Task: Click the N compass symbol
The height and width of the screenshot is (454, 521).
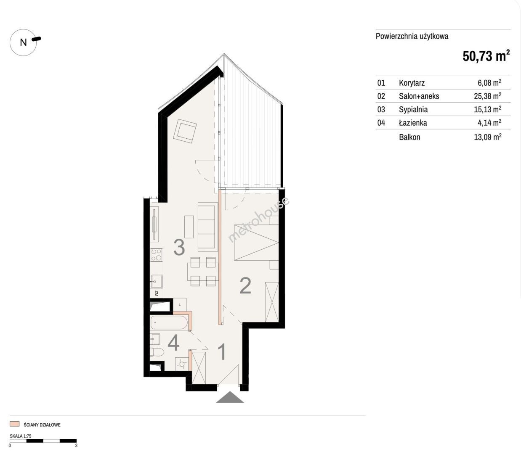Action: pyautogui.click(x=24, y=42)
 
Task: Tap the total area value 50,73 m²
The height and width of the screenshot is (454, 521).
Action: pyautogui.click(x=486, y=56)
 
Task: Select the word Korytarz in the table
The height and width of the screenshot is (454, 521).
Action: pyautogui.click(x=412, y=83)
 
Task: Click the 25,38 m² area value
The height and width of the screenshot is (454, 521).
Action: pyautogui.click(x=488, y=96)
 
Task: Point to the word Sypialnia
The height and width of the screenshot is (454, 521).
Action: pyautogui.click(x=413, y=110)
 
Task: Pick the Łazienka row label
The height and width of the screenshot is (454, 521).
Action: pyautogui.click(x=413, y=123)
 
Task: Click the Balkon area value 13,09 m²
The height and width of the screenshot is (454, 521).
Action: pyautogui.click(x=488, y=137)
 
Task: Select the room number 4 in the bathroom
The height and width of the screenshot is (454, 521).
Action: pyautogui.click(x=173, y=343)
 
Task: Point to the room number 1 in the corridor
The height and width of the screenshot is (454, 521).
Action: pyautogui.click(x=223, y=352)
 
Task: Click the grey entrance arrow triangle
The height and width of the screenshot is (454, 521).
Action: pyautogui.click(x=230, y=397)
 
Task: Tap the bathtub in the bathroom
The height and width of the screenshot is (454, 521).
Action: pyautogui.click(x=169, y=323)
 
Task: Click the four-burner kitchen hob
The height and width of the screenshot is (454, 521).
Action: pyautogui.click(x=157, y=255)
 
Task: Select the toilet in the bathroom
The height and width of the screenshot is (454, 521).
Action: pyautogui.click(x=157, y=353)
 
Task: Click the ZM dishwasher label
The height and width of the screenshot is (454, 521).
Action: pyautogui.click(x=157, y=293)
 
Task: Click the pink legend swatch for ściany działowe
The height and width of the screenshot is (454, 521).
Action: pyautogui.click(x=14, y=424)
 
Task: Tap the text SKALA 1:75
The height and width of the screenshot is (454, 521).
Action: pyautogui.click(x=21, y=436)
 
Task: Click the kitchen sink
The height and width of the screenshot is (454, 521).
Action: pyautogui.click(x=157, y=281)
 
